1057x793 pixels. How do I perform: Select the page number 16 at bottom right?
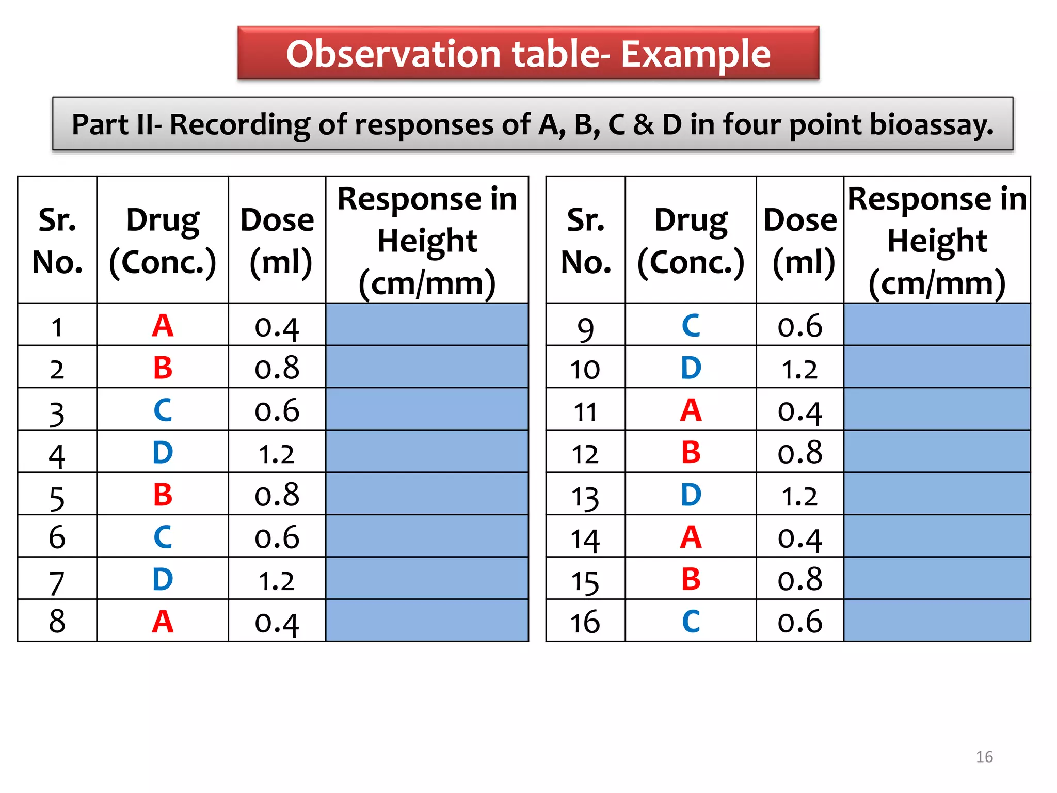pyautogui.click(x=984, y=757)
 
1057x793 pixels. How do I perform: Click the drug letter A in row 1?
pyautogui.click(x=163, y=326)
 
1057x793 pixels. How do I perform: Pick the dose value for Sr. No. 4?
pyautogui.click(x=277, y=453)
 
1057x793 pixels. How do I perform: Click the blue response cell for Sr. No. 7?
pyautogui.click(x=427, y=578)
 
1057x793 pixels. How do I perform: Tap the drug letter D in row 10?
pyautogui.click(x=691, y=368)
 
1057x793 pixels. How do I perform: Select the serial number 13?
pyautogui.click(x=585, y=496)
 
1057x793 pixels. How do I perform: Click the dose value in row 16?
pyautogui.click(x=799, y=622)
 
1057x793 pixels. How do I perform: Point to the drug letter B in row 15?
pyautogui.click(x=691, y=579)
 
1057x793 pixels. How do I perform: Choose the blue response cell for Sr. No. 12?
pyautogui.click(x=937, y=452)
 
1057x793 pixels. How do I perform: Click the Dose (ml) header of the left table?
pyautogui.click(x=277, y=241)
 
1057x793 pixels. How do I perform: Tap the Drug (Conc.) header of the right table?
pyautogui.click(x=691, y=241)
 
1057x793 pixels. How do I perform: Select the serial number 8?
pyautogui.click(x=57, y=621)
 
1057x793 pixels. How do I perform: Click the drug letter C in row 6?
pyautogui.click(x=163, y=537)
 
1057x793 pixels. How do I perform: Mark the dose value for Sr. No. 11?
pyautogui.click(x=799, y=411)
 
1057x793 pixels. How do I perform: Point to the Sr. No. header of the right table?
pyautogui.click(x=586, y=241)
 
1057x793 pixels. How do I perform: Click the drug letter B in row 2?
pyautogui.click(x=163, y=368)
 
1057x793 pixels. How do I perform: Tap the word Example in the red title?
pyautogui.click(x=695, y=54)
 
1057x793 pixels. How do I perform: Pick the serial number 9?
pyautogui.click(x=585, y=328)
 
